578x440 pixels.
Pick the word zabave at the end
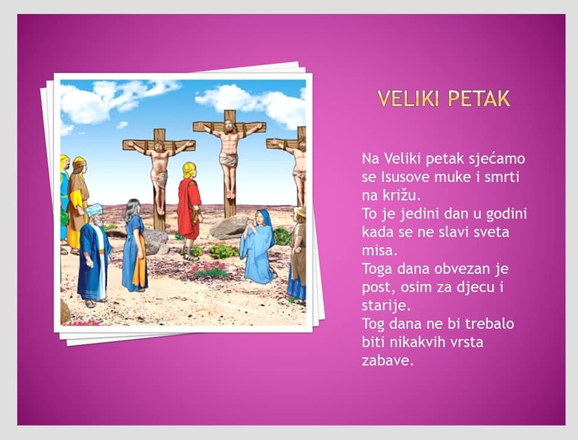[x=387, y=361]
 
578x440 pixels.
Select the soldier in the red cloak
[x=190, y=211]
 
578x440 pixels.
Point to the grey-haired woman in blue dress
[x=134, y=245]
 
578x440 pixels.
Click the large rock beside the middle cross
[x=229, y=227]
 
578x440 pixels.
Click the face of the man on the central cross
[x=229, y=127]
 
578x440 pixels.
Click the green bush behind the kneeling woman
[x=283, y=236]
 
